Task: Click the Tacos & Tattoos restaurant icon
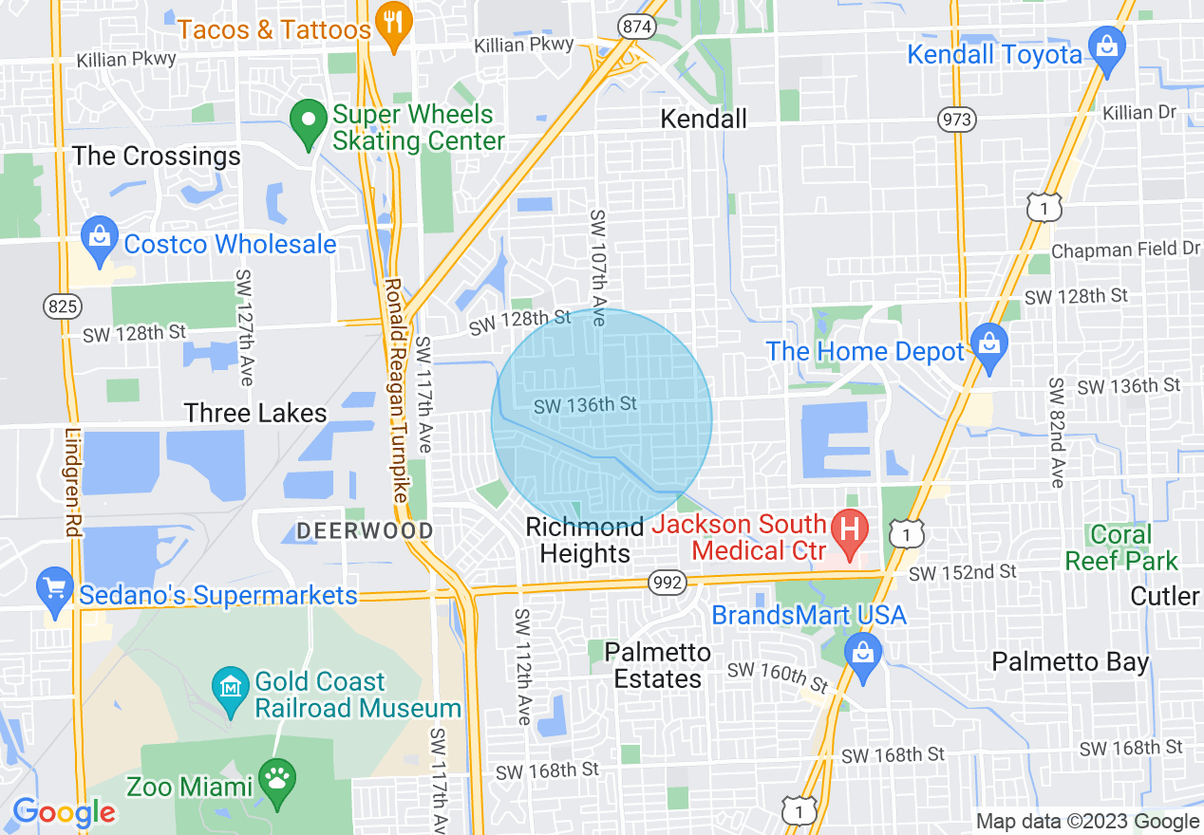coord(392,22)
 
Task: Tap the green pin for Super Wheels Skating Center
coord(308,122)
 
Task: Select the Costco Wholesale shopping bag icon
coord(100,241)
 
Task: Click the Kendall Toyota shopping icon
coord(1106,47)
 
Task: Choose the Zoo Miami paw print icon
coord(277,781)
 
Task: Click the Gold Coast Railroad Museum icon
coord(231,687)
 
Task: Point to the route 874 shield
coord(636,27)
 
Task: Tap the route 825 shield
coord(63,306)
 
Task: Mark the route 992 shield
coord(668,583)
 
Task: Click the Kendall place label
coord(704,119)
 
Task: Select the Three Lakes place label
coord(255,413)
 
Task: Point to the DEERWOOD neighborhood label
coord(365,530)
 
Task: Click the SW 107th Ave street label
coord(596,268)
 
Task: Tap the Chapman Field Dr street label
coord(1125,250)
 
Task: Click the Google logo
coord(64,812)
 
